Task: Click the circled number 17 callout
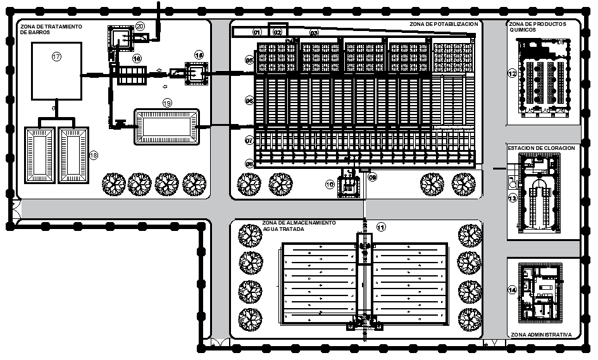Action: (56, 57)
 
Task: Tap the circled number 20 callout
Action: (140, 25)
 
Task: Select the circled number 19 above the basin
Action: (167, 102)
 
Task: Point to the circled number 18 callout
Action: (94, 155)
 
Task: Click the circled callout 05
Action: (249, 60)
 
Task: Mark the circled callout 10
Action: (329, 184)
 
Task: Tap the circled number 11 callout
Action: (380, 227)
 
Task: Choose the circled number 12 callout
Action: (512, 73)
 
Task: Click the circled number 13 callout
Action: (512, 197)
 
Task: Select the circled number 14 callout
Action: (512, 290)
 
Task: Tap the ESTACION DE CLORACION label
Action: (541, 147)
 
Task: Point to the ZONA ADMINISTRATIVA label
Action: (541, 334)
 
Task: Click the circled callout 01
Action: (257, 32)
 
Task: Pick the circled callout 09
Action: (373, 177)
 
